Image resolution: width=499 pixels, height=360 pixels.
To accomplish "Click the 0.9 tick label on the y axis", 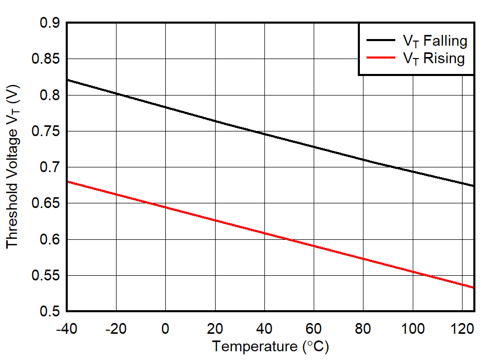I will click(50, 24).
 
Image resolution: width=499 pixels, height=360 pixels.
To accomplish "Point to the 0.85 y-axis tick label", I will click(46, 60).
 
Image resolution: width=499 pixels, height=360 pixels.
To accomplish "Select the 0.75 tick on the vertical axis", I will click(46, 132).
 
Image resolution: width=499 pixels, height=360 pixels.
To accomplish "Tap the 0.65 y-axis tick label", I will click(46, 204).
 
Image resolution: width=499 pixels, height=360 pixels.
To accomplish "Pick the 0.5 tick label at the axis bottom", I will click(50, 312).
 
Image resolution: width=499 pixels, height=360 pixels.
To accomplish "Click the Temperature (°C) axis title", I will click(271, 347).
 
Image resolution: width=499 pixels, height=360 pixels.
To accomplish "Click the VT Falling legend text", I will click(434, 41).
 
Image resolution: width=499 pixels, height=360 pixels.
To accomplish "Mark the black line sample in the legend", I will click(380, 41).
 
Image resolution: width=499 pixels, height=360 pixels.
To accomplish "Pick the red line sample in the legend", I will click(380, 58).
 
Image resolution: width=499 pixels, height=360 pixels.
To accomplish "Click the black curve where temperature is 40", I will click(264, 134).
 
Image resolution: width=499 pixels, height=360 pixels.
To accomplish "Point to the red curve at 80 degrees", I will click(363, 258).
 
